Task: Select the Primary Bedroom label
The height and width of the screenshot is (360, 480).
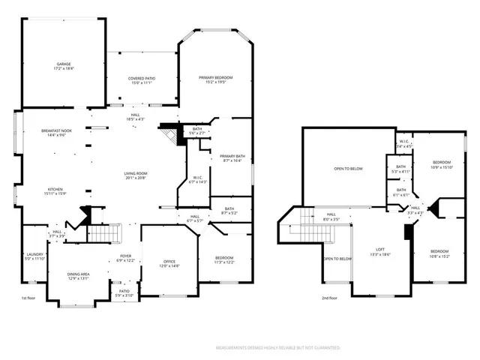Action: tap(215, 79)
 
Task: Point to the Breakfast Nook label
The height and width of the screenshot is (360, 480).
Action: tap(56, 133)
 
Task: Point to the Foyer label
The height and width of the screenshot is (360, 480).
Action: tap(125, 258)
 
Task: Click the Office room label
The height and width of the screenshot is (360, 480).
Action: tap(169, 262)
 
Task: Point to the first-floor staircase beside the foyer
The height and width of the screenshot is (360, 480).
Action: tap(105, 234)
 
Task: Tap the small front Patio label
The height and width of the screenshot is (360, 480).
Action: tap(123, 293)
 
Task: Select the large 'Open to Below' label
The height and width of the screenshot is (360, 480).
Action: tap(348, 169)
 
